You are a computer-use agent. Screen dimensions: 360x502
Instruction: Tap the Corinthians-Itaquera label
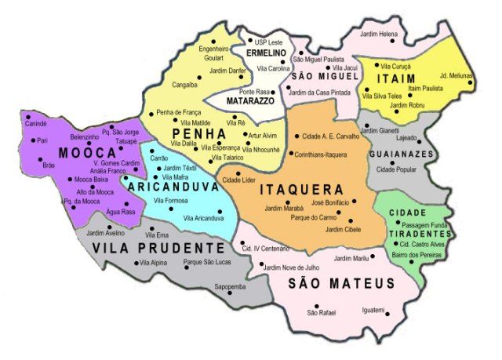322,155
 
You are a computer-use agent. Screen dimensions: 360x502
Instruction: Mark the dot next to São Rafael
317,306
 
